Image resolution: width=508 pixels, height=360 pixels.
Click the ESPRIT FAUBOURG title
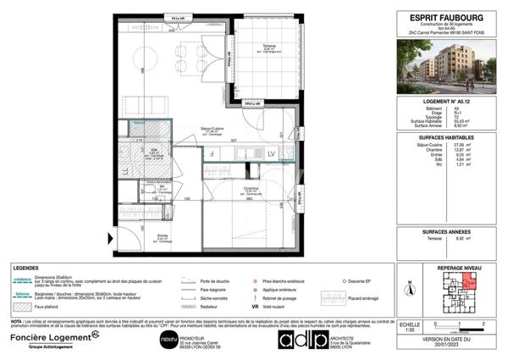click(x=446, y=14)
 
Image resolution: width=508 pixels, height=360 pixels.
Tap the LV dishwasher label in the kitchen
click(x=272, y=153)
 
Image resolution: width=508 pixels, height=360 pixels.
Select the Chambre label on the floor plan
click(x=251, y=189)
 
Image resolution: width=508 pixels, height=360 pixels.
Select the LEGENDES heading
click(x=25, y=266)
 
